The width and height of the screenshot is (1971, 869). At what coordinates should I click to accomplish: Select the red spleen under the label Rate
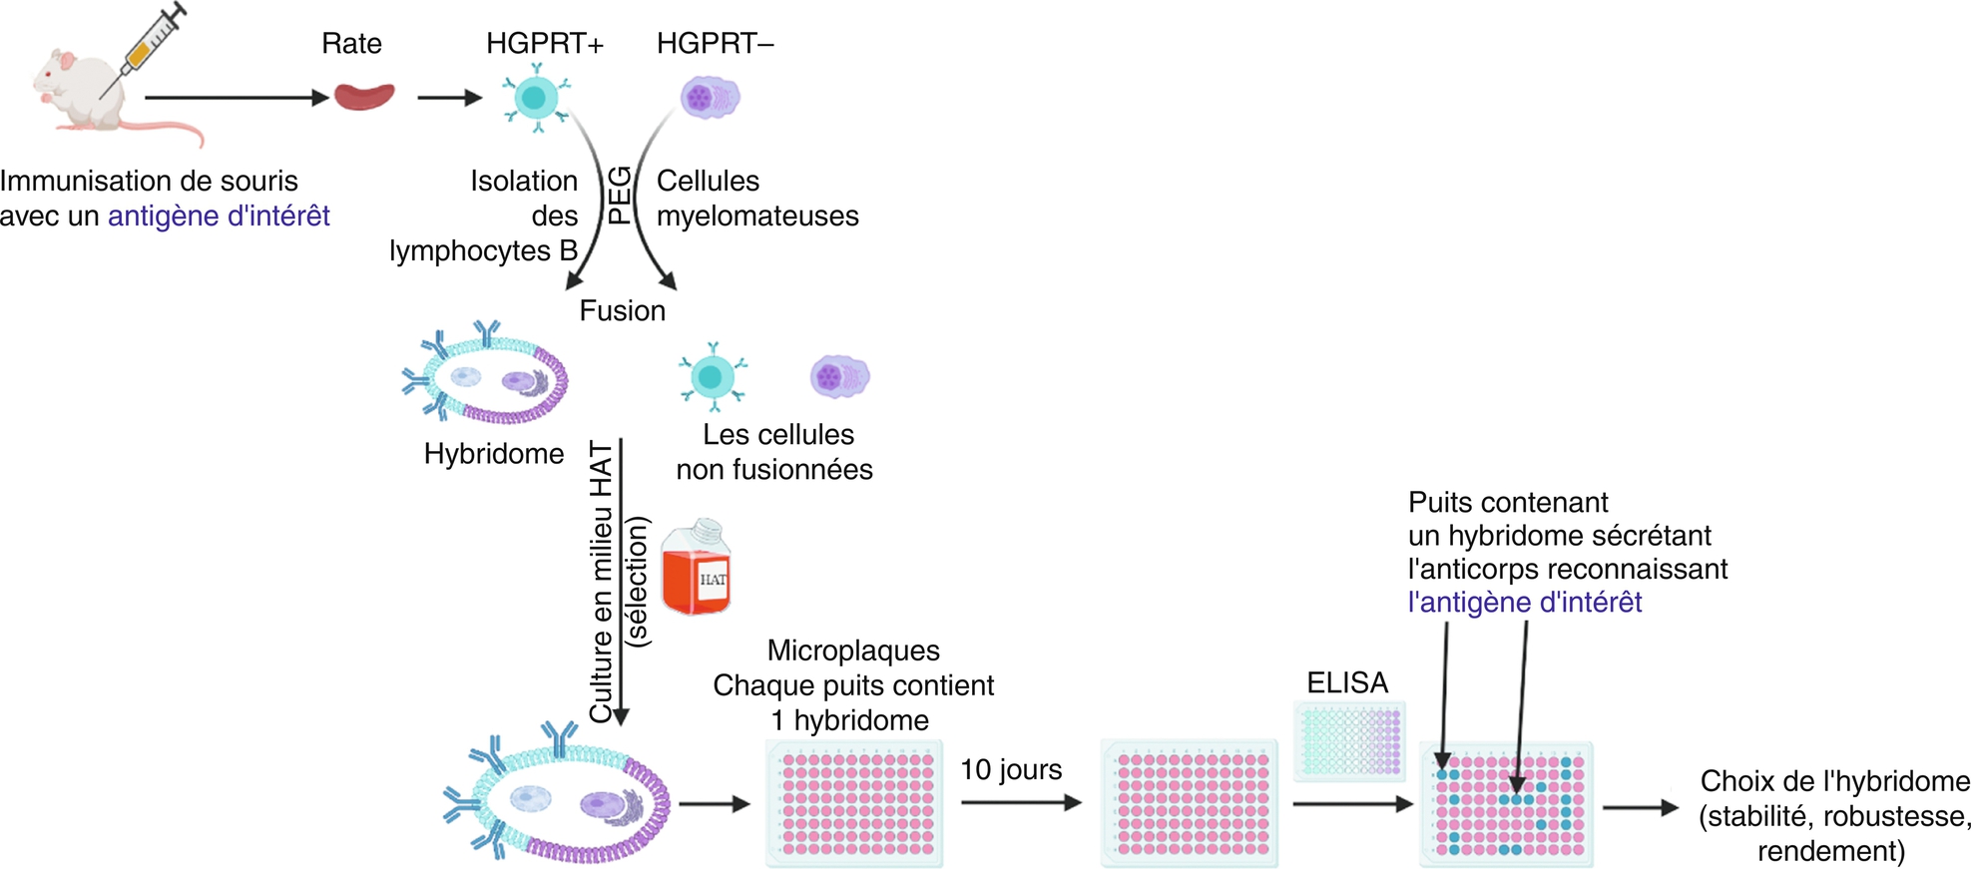click(x=363, y=96)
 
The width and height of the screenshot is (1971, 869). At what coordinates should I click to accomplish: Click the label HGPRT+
click(x=545, y=44)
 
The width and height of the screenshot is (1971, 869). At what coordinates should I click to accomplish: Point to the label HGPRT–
click(x=715, y=44)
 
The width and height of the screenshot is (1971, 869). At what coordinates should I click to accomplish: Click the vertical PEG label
click(x=620, y=196)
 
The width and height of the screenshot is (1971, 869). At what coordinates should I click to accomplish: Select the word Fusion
click(x=622, y=311)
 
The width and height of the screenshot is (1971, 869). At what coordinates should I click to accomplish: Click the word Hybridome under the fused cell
click(x=494, y=454)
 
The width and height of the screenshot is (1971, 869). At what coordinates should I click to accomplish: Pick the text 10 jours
click(x=1011, y=770)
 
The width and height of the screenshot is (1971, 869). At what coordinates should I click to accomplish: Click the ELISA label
click(x=1347, y=683)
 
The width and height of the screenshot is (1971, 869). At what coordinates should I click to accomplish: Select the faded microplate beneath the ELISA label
click(x=1350, y=739)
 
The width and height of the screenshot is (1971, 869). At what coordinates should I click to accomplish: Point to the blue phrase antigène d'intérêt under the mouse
click(x=219, y=217)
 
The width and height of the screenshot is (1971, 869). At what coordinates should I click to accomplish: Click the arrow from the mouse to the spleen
click(x=237, y=98)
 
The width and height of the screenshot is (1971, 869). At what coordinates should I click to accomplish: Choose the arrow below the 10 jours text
click(x=1021, y=802)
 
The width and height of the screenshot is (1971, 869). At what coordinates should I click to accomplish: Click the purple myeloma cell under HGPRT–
click(x=710, y=98)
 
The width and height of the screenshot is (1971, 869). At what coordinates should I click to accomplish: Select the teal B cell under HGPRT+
click(x=536, y=98)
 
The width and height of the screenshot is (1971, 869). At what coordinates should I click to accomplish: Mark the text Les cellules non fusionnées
click(x=775, y=452)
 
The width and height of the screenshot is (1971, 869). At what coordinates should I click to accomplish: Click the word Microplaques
click(x=853, y=652)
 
